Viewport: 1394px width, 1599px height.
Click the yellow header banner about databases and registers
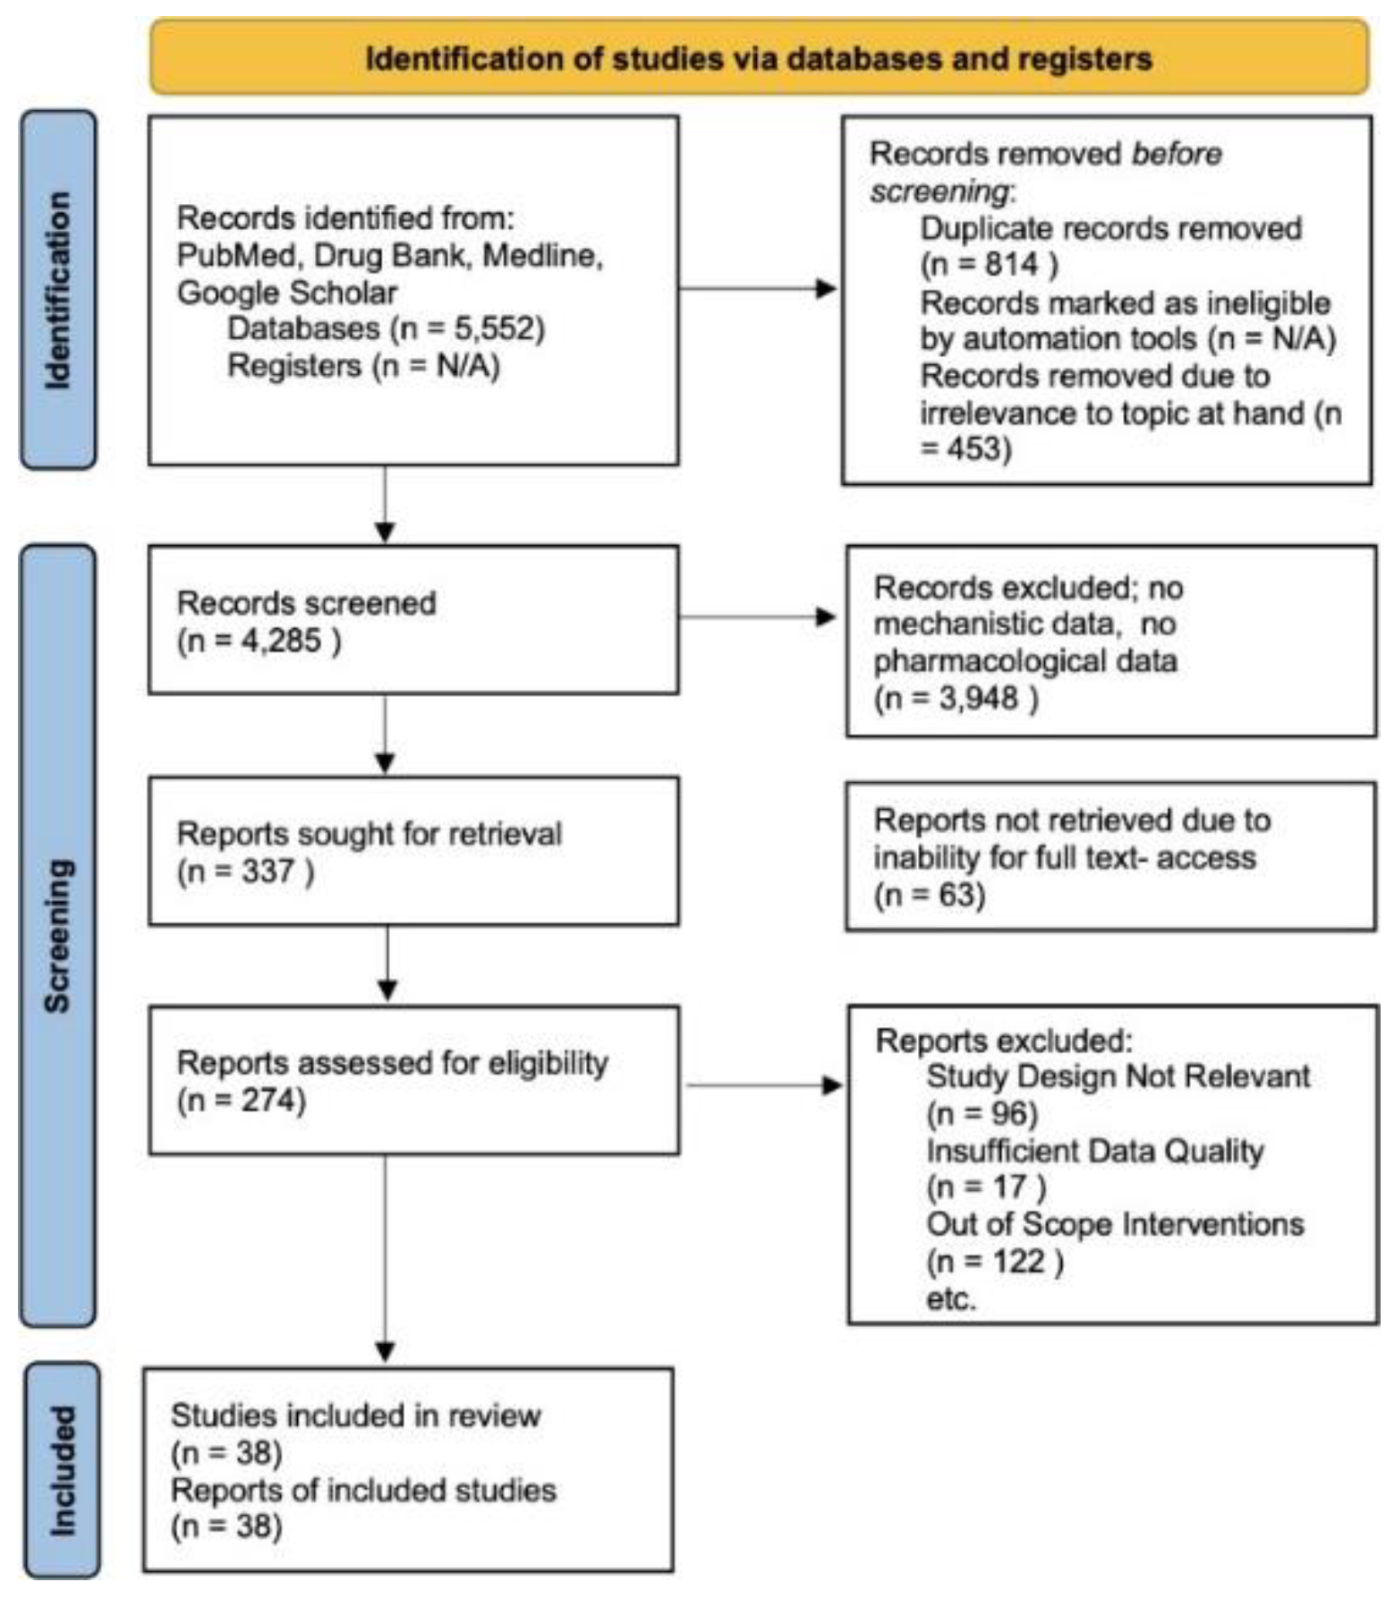759,58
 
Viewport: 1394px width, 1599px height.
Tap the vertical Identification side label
58,290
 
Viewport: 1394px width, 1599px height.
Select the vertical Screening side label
58,935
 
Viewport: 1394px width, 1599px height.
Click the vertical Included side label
61,1471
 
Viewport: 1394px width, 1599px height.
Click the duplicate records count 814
1012,265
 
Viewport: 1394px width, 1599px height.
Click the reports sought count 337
267,871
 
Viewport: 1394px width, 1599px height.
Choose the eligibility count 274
267,1100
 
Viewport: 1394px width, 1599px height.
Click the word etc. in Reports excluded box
950,1298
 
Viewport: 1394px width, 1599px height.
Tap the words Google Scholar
286,293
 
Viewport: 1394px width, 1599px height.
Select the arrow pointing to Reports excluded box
764,1085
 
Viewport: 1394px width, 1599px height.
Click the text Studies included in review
355,1416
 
